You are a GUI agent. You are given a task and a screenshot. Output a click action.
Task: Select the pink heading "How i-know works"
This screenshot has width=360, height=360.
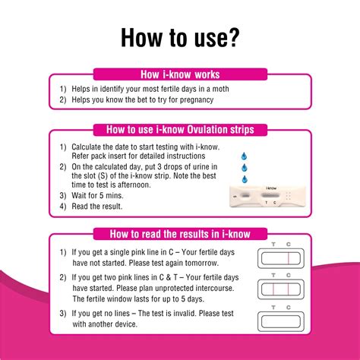coord(180,74)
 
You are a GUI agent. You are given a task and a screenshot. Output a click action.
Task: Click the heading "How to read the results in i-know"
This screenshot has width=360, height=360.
coord(180,234)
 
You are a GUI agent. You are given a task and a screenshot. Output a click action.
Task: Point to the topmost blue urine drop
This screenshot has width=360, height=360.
coord(244,153)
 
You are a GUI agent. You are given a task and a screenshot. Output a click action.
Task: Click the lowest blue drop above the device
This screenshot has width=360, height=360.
coord(244,179)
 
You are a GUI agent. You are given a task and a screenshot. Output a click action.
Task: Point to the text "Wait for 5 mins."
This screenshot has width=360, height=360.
coord(99,195)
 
